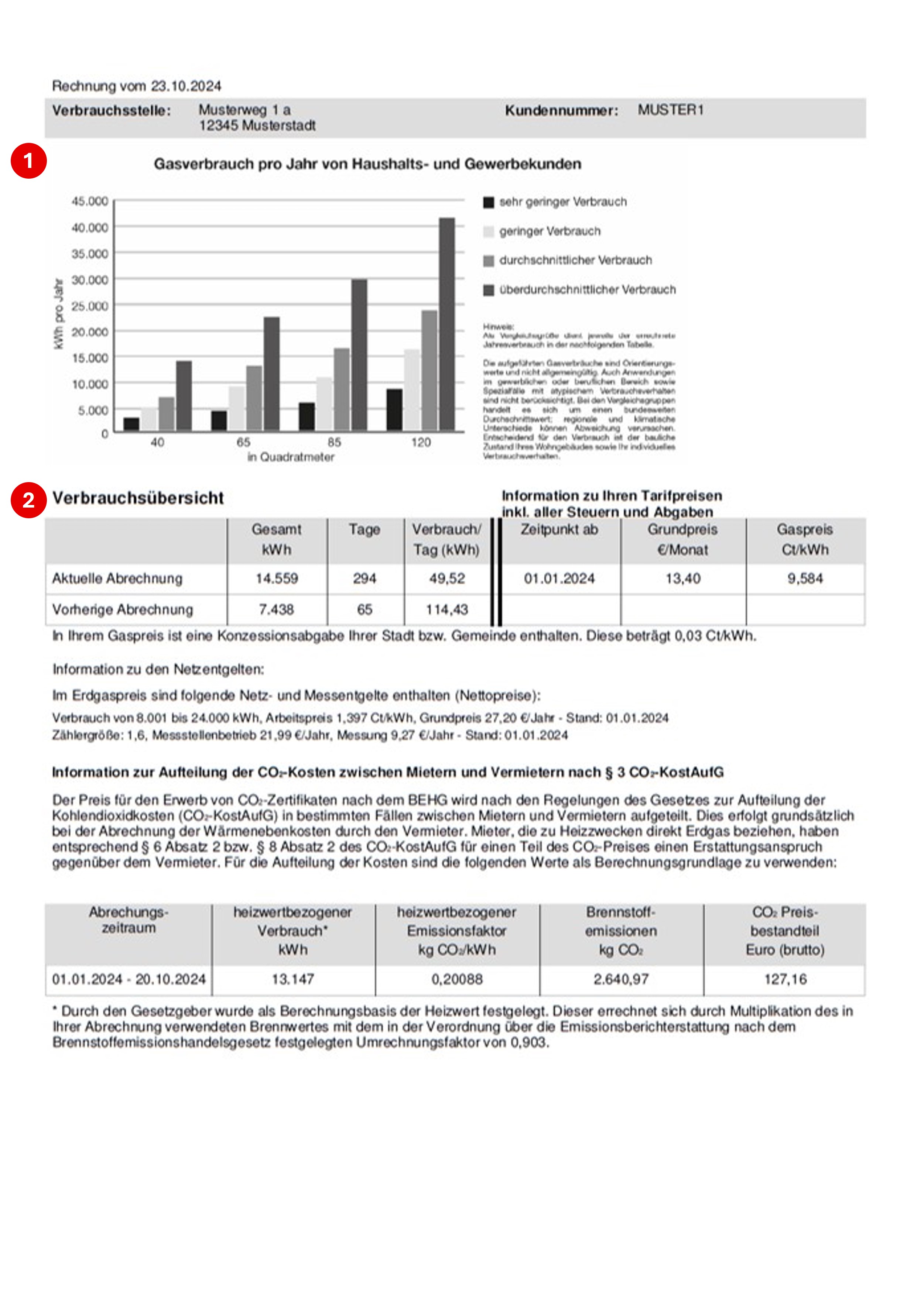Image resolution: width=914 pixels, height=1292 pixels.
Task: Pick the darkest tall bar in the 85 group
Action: [359, 355]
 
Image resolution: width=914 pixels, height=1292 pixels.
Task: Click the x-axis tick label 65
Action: [243, 442]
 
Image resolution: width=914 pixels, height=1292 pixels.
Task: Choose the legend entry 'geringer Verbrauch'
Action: [549, 231]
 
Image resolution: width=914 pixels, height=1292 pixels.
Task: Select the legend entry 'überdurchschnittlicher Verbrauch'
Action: [587, 290]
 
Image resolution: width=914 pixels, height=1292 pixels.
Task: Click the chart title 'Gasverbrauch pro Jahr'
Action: [367, 164]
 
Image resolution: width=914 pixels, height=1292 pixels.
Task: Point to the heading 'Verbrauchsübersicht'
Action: [138, 498]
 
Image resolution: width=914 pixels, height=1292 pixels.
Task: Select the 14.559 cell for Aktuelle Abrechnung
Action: [276, 578]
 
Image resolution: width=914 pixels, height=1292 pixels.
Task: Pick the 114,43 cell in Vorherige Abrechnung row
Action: [447, 609]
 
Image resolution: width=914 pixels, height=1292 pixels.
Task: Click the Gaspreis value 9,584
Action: [805, 578]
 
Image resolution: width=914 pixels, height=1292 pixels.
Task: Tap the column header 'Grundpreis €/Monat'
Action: [683, 540]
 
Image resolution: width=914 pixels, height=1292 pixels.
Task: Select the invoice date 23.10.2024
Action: [186, 86]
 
